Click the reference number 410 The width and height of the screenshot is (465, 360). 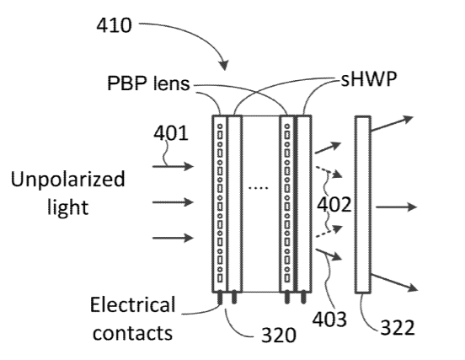(114, 25)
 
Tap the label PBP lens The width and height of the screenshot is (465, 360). (148, 83)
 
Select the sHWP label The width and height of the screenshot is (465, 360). (369, 79)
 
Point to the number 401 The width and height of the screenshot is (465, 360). (171, 133)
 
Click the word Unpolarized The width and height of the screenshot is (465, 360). (68, 179)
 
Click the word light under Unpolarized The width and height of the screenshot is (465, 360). (68, 207)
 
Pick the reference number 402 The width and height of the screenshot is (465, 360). (334, 205)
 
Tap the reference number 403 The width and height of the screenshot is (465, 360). (329, 320)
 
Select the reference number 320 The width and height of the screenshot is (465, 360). (279, 335)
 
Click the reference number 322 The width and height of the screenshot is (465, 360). (398, 328)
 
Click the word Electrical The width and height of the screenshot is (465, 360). (132, 304)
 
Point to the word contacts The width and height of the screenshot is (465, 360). (132, 333)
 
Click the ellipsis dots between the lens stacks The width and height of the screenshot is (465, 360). (258, 188)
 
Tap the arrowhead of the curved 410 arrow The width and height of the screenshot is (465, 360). (224, 66)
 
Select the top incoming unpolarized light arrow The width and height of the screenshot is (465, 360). (174, 166)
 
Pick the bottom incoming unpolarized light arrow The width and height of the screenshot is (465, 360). (174, 238)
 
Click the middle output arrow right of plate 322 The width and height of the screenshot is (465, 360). (397, 207)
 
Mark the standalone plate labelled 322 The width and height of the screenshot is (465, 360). (363, 205)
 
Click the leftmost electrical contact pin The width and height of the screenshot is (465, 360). (220, 298)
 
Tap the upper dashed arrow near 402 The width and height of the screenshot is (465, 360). (329, 171)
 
